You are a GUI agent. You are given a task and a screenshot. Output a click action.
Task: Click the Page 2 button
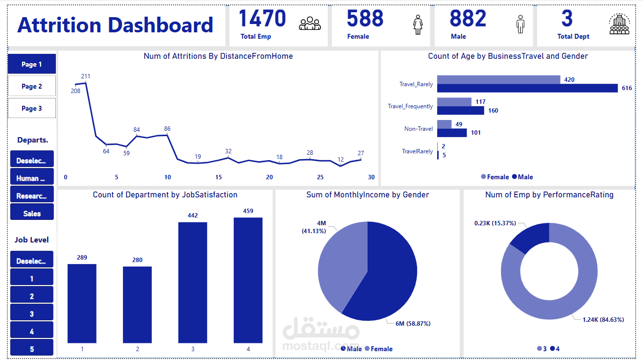tap(32, 86)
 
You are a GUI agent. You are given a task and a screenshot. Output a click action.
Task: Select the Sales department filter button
tap(32, 213)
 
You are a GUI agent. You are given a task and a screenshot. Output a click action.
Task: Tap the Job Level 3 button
tap(32, 314)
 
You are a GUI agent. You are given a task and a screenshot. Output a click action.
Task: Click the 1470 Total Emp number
tap(262, 19)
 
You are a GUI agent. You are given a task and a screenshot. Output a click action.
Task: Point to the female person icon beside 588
tap(418, 24)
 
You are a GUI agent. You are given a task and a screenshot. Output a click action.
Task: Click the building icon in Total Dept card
tap(620, 24)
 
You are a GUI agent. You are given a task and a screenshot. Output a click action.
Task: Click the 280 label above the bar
tap(137, 260)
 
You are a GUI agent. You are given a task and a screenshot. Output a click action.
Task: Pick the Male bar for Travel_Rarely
tap(527, 88)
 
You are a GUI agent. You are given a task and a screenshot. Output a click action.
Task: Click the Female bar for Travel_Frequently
tap(454, 102)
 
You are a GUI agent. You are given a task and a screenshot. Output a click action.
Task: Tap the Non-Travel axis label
tap(419, 129)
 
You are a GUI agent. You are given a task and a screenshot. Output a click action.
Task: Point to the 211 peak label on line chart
tap(86, 76)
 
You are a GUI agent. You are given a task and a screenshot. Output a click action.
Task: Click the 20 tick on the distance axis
tap(269, 177)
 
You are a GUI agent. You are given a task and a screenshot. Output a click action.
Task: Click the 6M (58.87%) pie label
tap(412, 323)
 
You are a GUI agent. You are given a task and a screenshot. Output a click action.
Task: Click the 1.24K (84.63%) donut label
tap(603, 319)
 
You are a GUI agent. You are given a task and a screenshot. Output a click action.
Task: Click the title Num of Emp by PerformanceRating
tap(549, 194)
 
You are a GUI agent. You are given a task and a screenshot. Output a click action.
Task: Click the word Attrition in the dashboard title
tap(59, 25)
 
